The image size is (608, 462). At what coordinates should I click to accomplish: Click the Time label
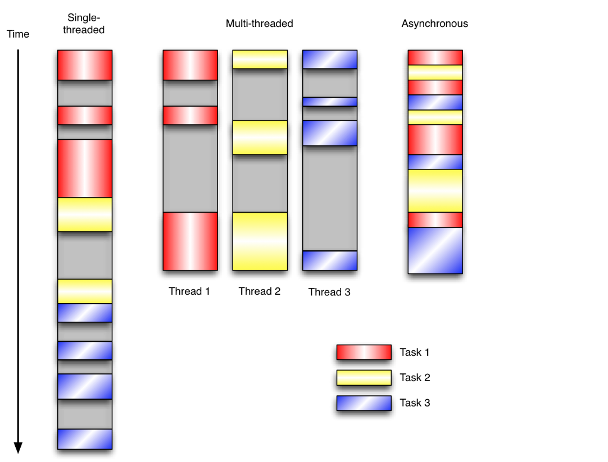18,34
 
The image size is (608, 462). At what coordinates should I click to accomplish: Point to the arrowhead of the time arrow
18,449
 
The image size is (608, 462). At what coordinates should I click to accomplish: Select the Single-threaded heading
84,24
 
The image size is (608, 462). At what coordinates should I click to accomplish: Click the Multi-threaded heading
260,24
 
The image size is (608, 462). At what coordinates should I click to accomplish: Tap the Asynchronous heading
435,24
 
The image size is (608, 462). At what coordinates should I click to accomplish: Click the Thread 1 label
189,291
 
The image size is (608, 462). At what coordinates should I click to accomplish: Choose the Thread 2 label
260,291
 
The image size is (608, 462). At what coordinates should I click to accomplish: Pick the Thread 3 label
329,292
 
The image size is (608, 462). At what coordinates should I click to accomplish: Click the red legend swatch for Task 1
364,353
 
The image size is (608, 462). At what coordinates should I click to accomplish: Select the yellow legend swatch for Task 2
364,378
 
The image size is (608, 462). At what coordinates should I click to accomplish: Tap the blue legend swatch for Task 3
364,403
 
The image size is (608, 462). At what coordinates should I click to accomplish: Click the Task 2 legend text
415,378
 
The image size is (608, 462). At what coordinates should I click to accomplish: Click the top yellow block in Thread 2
260,60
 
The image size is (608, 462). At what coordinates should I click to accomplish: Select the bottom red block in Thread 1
190,241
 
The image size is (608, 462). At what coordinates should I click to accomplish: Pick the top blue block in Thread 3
330,60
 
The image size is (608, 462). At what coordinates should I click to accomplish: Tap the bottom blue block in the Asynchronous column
435,250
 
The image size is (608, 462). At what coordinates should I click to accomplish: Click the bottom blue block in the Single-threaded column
84,439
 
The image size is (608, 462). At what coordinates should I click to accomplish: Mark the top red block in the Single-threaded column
84,65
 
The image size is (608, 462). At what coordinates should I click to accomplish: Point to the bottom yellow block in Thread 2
260,241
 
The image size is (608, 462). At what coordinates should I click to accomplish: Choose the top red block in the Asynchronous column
435,57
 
